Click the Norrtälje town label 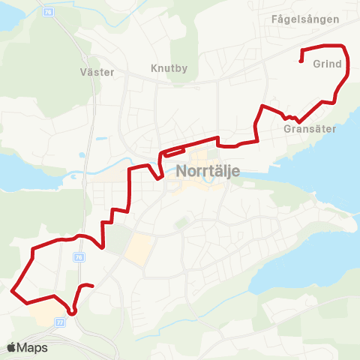point(208,170)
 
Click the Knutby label point(169,68)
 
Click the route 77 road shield point(60,322)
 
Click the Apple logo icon point(11,347)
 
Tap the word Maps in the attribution point(32,347)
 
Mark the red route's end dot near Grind point(301,61)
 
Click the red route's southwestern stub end point(91,286)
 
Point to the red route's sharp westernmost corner point(13,289)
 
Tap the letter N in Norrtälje point(182,170)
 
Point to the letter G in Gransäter point(289,129)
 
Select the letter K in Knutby point(153,68)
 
